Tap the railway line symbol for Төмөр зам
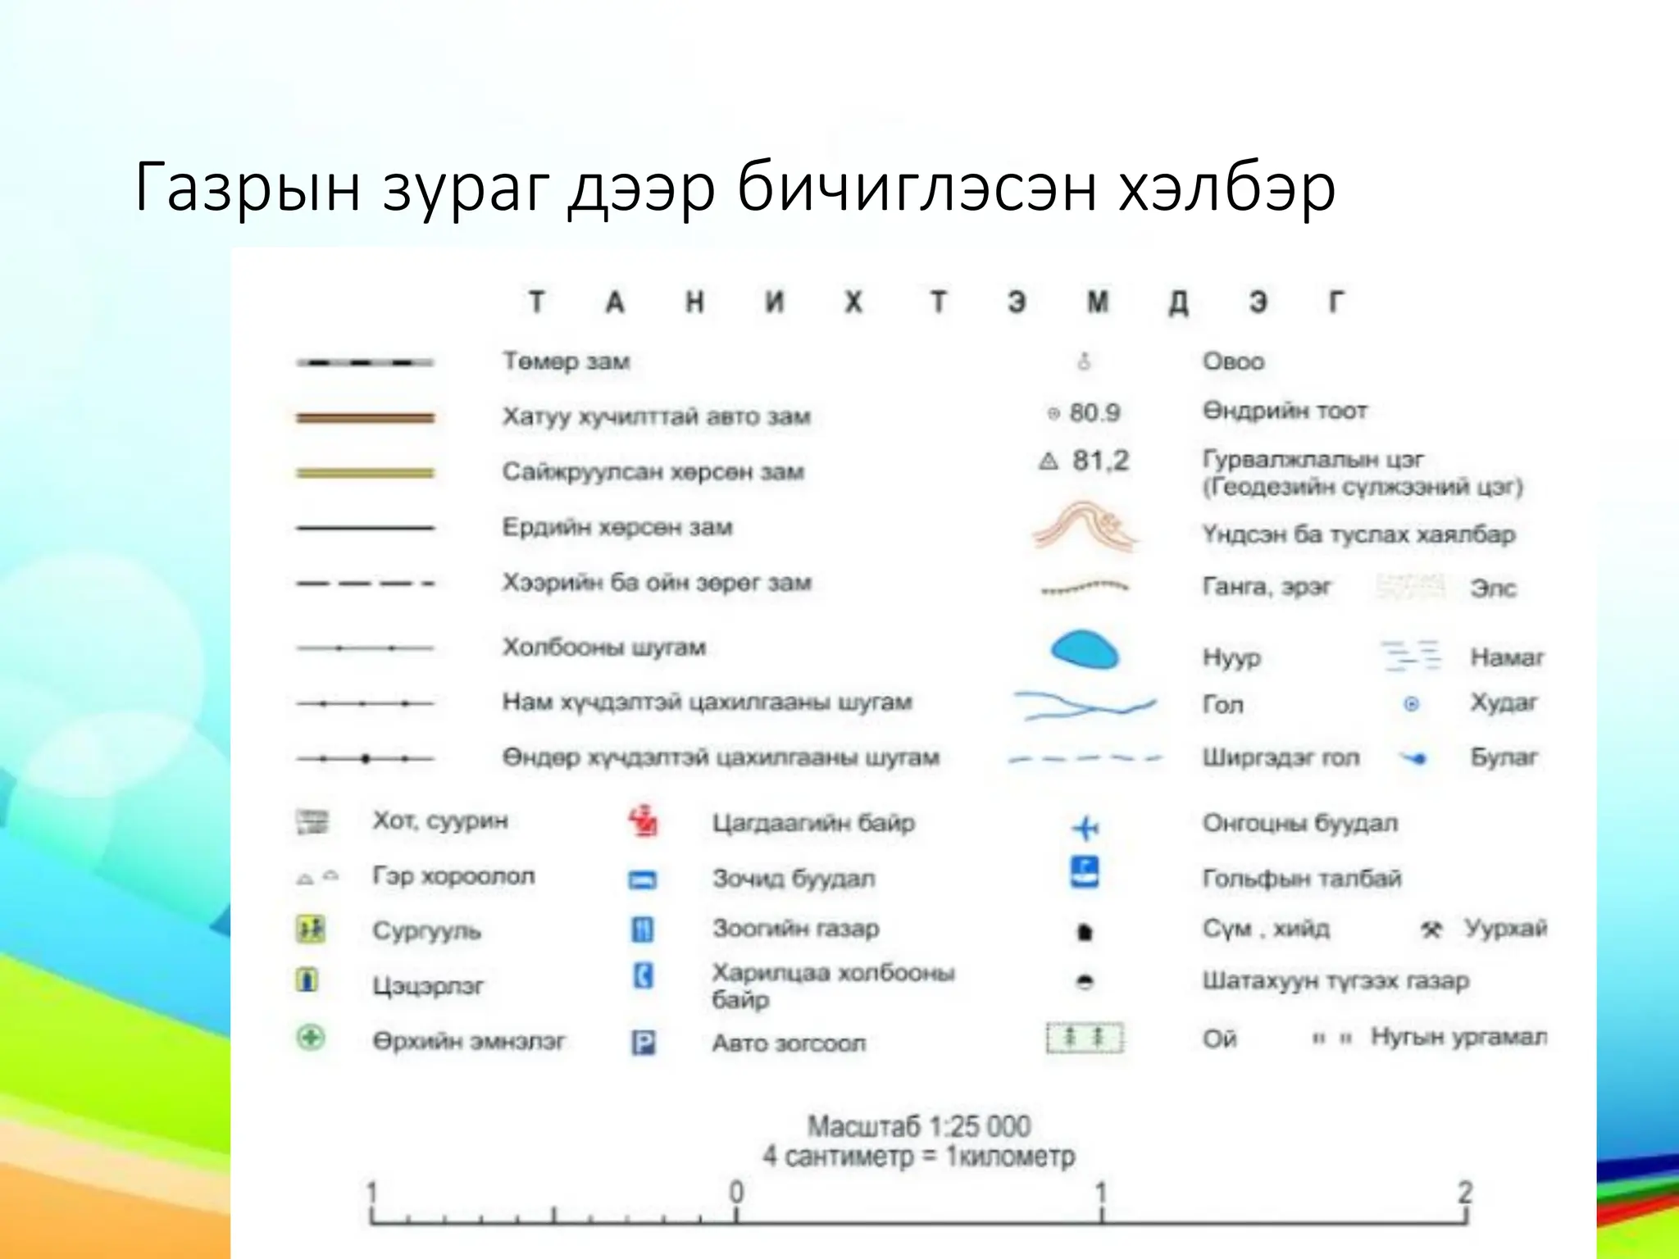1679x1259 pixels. pyautogui.click(x=365, y=362)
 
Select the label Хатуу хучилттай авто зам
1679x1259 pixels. pyautogui.click(x=656, y=416)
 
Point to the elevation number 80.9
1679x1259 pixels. pyautogui.click(x=1094, y=412)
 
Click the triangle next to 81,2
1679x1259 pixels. pyautogui.click(x=1049, y=461)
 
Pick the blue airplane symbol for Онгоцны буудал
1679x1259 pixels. pyautogui.click(x=1085, y=828)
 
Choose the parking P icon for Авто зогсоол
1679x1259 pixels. pyautogui.click(x=643, y=1043)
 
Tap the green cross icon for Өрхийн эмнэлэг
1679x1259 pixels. pyautogui.click(x=311, y=1039)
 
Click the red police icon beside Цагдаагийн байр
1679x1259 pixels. pyautogui.click(x=644, y=821)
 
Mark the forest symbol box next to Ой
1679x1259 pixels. pyautogui.click(x=1085, y=1039)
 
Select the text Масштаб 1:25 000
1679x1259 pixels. pyautogui.click(x=918, y=1126)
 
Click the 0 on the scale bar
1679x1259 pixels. pyautogui.click(x=736, y=1192)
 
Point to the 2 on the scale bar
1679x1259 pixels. pyautogui.click(x=1465, y=1192)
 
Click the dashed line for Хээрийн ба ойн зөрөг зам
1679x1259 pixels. pyautogui.click(x=365, y=584)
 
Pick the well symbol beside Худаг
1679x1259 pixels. pyautogui.click(x=1411, y=703)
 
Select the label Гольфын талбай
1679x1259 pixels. pyautogui.click(x=1302, y=879)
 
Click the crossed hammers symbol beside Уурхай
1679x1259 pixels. pyautogui.click(x=1431, y=929)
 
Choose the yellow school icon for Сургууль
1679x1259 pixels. pyautogui.click(x=310, y=929)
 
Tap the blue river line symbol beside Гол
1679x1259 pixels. pyautogui.click(x=1084, y=705)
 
